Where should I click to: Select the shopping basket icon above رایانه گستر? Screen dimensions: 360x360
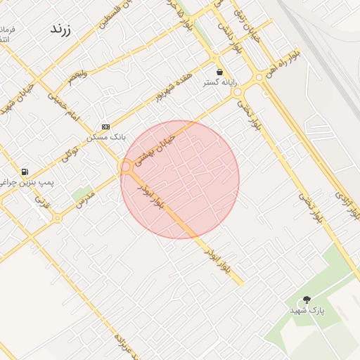point(220,72)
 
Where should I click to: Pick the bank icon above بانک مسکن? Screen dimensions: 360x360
point(105,127)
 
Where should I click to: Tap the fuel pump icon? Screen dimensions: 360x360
point(25,172)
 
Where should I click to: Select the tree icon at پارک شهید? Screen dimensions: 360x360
point(307,300)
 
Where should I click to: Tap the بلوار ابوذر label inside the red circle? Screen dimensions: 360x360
point(151,198)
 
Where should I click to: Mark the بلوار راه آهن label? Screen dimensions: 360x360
point(279,65)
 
